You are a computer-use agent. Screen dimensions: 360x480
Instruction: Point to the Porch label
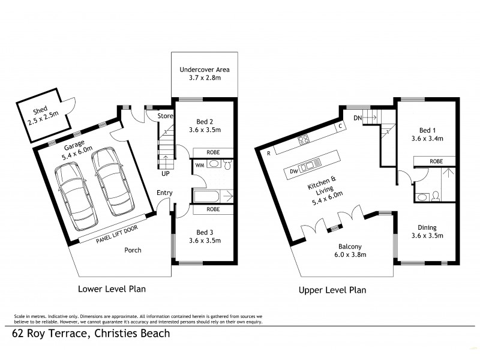[x=133, y=250]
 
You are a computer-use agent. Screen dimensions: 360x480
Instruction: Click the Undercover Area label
[x=205, y=74]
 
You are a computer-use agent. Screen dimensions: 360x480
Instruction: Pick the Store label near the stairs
[x=165, y=116]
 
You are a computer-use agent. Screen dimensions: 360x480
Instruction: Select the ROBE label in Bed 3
[x=212, y=209]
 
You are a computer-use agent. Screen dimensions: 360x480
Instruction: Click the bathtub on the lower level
[x=213, y=195]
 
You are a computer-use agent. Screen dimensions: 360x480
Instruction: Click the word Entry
[x=164, y=193]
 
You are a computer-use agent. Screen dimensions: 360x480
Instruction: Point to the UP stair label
[x=164, y=173]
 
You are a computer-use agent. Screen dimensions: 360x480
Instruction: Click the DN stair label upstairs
[x=358, y=118]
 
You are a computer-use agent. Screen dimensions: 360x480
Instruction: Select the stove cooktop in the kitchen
[x=304, y=141]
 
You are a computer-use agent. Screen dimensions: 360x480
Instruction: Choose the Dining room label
[x=428, y=232]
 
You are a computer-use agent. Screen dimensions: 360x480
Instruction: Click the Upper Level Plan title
[x=332, y=290]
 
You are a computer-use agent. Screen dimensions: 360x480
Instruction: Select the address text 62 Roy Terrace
[x=90, y=334]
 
